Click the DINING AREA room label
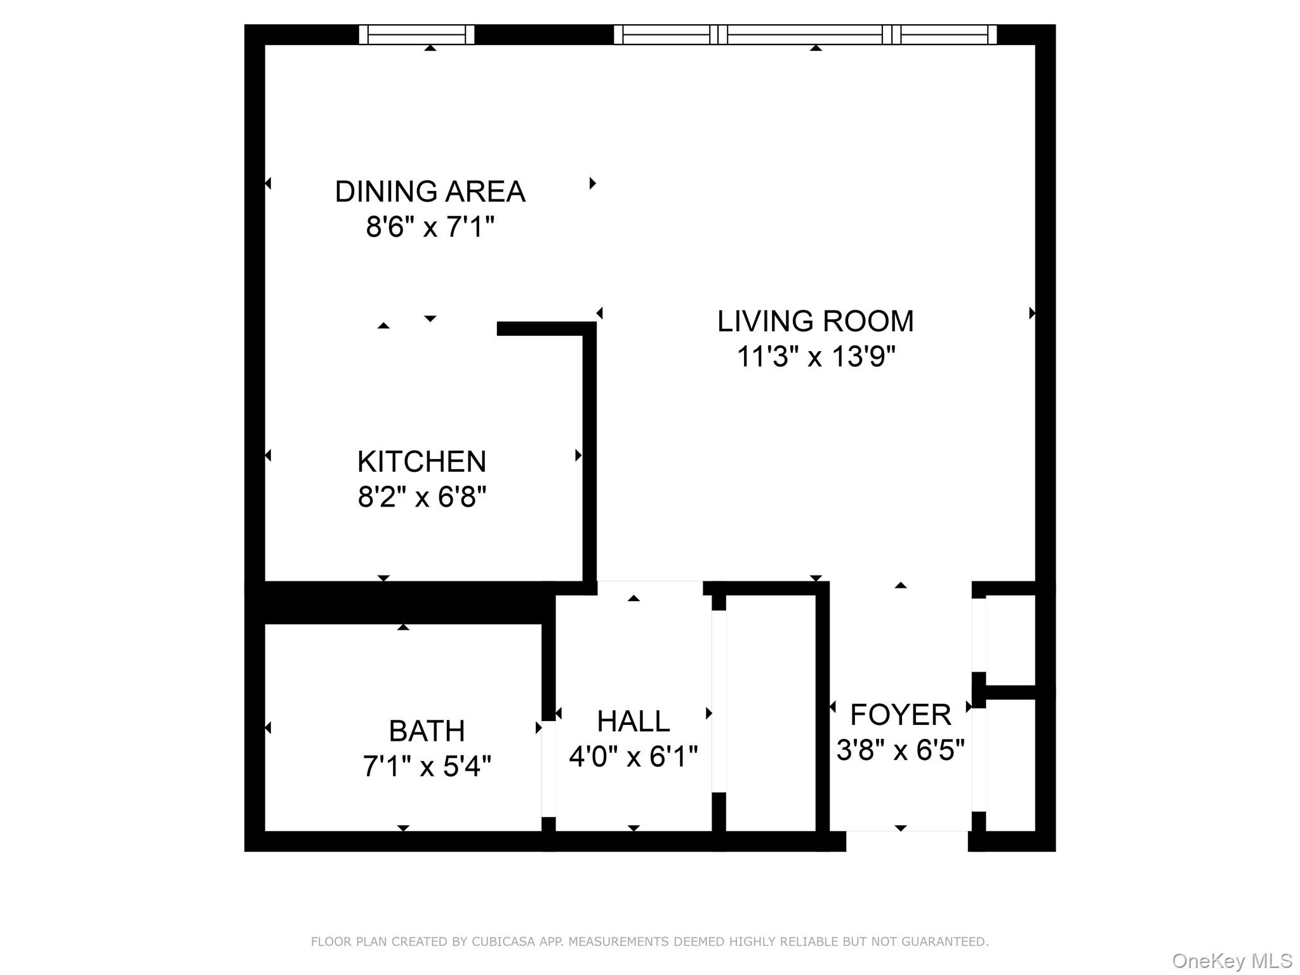(x=430, y=192)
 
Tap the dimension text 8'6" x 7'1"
(x=430, y=227)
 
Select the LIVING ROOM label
(x=815, y=321)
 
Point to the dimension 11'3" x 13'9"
(x=815, y=357)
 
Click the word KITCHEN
(x=421, y=461)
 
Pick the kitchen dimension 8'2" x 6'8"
(x=421, y=496)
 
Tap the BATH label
(x=427, y=731)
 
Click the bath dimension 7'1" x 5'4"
(x=427, y=766)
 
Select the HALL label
(x=633, y=721)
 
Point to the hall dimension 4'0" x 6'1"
(x=633, y=757)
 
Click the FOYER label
(x=900, y=715)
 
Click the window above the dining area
(x=416, y=34)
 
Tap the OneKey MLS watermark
(x=1231, y=961)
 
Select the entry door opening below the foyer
(x=906, y=840)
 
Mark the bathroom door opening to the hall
(x=548, y=768)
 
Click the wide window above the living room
(x=805, y=34)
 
